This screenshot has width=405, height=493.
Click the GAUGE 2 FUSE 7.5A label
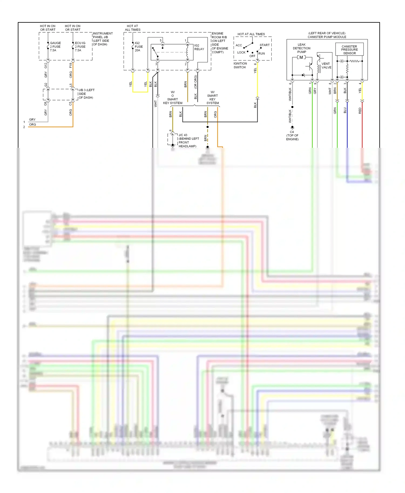click(x=55, y=47)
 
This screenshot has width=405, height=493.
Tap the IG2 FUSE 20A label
click(x=139, y=47)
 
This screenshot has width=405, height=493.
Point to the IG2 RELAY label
click(x=199, y=47)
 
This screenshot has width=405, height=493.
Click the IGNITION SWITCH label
click(x=240, y=66)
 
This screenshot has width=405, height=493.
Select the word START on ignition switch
click(x=265, y=45)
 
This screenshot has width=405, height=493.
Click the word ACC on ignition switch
click(x=239, y=45)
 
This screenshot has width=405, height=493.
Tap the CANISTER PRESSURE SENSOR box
click(x=349, y=50)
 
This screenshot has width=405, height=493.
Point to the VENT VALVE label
click(x=326, y=66)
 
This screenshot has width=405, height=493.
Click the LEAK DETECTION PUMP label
click(x=302, y=48)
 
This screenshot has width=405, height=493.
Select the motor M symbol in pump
click(x=301, y=57)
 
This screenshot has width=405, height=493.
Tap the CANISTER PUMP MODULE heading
click(x=327, y=37)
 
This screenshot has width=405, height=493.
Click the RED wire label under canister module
click(x=360, y=111)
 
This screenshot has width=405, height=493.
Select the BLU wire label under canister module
click(x=345, y=110)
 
